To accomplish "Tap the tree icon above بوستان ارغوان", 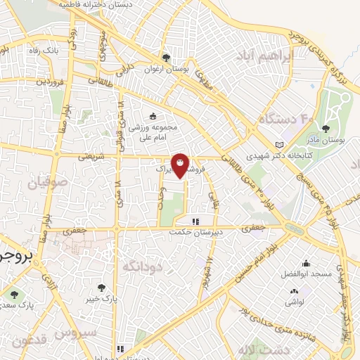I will tap(166, 58).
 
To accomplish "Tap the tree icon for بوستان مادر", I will tap(325, 129).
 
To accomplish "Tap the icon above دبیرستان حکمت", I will tap(195, 221).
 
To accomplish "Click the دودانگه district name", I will tap(143, 266).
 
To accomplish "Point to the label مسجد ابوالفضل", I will tap(309, 273).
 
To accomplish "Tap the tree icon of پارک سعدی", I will tap(15, 294).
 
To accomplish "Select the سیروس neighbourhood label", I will tap(92, 333).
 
